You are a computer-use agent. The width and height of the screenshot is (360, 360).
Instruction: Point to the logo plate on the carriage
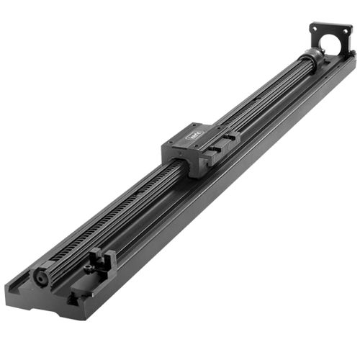[194, 134]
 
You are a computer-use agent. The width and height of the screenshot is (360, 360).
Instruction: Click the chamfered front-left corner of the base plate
[11, 287]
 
